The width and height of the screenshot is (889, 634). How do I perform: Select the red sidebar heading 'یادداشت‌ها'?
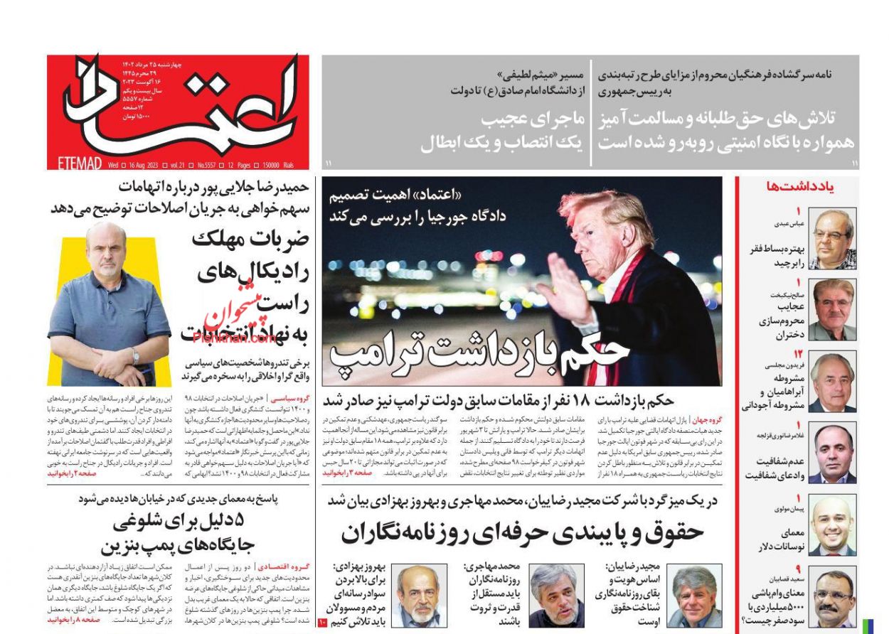click(810, 187)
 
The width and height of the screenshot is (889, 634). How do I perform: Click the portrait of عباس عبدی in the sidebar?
click(832, 239)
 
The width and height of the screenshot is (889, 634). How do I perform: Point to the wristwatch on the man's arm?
click(135, 354)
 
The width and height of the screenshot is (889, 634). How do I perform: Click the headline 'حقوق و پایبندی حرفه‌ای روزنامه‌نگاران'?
click(522, 531)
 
